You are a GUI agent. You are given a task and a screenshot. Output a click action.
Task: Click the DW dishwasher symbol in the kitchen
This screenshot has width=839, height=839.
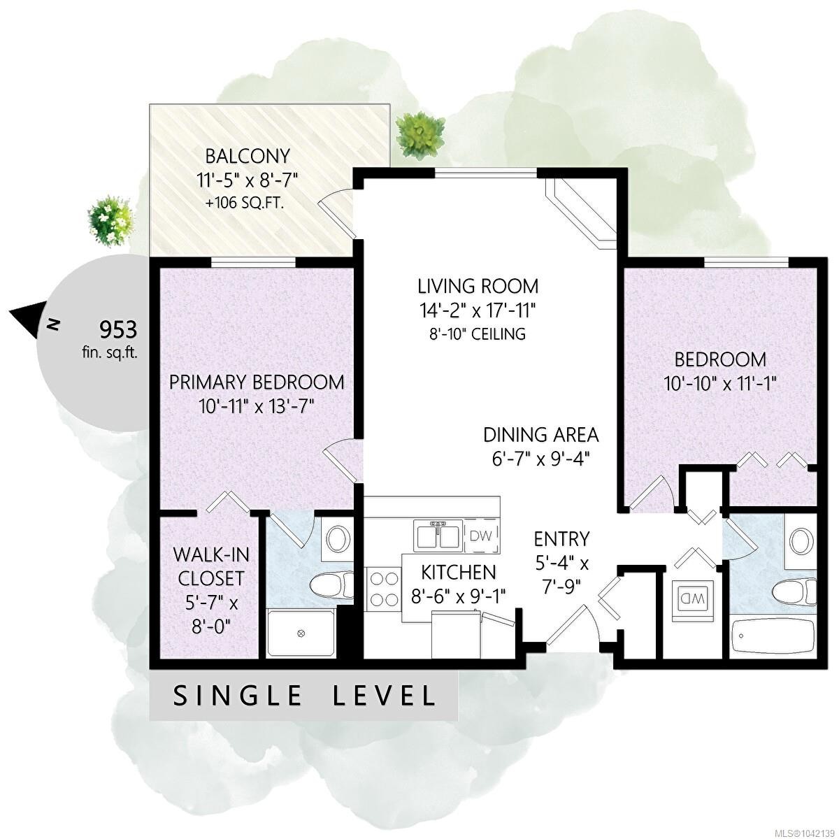click(x=481, y=535)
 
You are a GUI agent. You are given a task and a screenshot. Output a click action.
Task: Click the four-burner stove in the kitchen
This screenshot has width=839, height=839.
click(x=384, y=589)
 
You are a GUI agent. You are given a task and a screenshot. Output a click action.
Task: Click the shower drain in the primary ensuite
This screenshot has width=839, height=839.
click(x=301, y=633)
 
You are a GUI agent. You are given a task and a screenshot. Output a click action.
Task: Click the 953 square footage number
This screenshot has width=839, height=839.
click(x=118, y=330)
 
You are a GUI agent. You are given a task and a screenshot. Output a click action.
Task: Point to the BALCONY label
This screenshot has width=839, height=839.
click(x=248, y=156)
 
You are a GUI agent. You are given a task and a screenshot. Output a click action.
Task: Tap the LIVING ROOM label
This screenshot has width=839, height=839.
click(x=478, y=287)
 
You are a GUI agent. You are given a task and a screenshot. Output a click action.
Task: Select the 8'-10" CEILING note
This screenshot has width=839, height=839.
click(x=478, y=334)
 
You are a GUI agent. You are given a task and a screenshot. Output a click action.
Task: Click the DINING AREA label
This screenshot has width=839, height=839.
click(x=541, y=434)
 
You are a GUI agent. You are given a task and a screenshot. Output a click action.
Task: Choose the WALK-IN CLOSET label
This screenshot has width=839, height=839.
click(x=211, y=567)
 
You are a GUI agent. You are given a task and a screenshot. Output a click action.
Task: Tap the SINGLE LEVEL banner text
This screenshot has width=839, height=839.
click(x=304, y=696)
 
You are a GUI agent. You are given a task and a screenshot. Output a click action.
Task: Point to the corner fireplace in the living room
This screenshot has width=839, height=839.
click(x=581, y=214)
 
